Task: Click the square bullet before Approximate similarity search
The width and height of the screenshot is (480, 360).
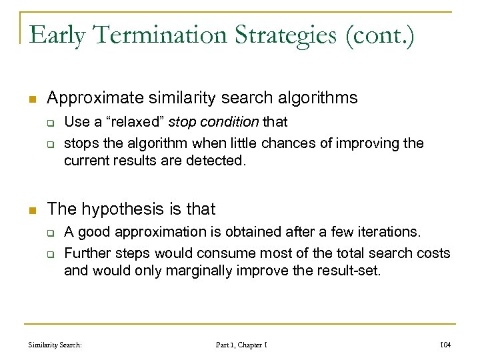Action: point(31,99)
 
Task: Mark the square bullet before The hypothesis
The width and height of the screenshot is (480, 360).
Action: point(31,209)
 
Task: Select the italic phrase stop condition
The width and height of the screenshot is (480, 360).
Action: point(213,121)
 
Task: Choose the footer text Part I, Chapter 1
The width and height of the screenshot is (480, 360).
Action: point(241,345)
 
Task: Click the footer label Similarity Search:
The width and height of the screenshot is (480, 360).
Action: point(55,345)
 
